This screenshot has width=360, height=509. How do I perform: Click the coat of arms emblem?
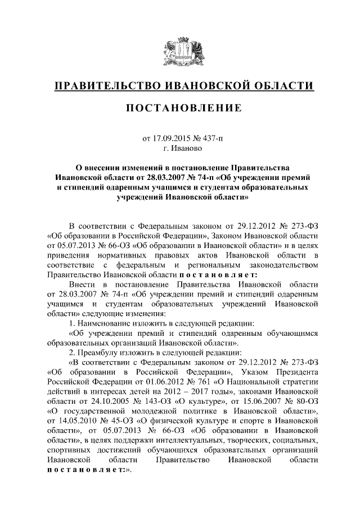click(179, 50)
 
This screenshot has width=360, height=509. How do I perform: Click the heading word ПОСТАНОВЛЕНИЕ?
click(179, 107)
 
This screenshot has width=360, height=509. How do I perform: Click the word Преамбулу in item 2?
click(101, 351)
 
